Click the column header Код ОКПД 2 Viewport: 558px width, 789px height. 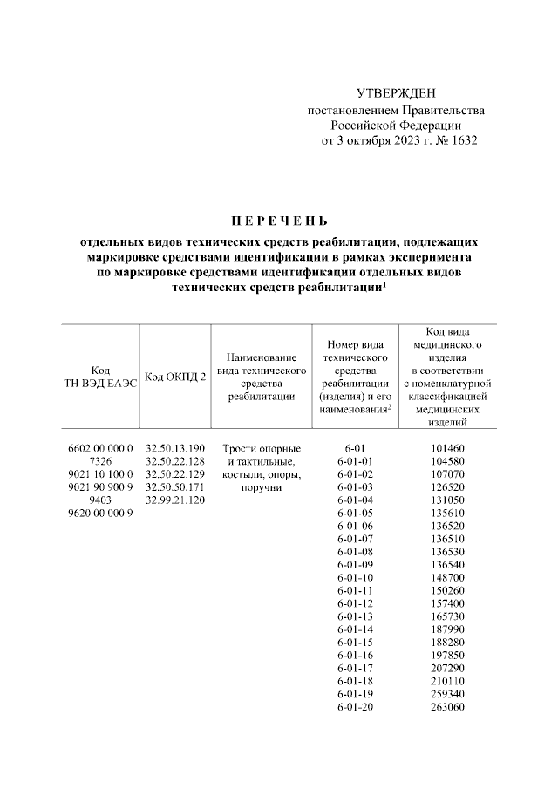pyautogui.click(x=174, y=376)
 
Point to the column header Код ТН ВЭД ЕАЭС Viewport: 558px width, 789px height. pyautogui.click(x=99, y=376)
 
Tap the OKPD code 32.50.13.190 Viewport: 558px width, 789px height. pyautogui.click(x=174, y=447)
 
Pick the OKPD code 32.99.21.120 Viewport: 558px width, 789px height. pyautogui.click(x=174, y=500)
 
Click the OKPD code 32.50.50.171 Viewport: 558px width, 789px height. pyautogui.click(x=174, y=486)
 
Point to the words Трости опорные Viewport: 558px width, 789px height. pyautogui.click(x=262, y=447)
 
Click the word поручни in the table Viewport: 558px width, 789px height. pyautogui.click(x=262, y=486)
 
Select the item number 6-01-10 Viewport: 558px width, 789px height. pyautogui.click(x=354, y=578)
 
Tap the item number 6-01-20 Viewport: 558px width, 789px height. pyautogui.click(x=354, y=708)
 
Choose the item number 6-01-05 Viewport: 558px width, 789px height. pyautogui.click(x=354, y=513)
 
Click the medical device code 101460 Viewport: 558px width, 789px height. pyautogui.click(x=447, y=447)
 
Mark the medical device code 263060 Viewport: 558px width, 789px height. pyautogui.click(x=447, y=708)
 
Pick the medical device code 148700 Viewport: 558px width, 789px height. pyautogui.click(x=447, y=578)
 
